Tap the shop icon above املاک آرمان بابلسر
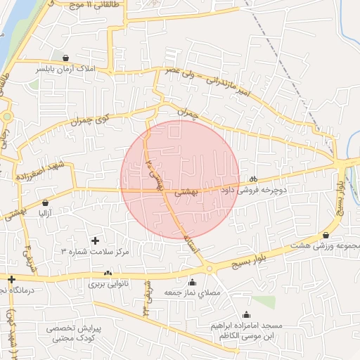tap(65, 58)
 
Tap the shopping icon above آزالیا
tap(46, 202)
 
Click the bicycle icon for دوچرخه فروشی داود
tap(253, 178)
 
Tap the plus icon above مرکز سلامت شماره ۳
tap(95, 240)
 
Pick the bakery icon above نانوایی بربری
tap(108, 274)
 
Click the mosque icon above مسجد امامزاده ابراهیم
tap(245, 315)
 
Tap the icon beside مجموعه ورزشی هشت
tap(326, 235)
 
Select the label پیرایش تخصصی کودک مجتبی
tap(75, 333)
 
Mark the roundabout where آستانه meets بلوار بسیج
tap(209, 269)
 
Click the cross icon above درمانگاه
tap(11, 280)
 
